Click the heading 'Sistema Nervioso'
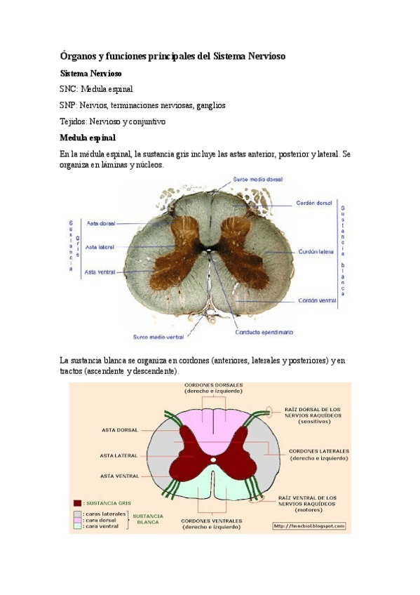click(91, 73)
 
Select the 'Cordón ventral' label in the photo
click(317, 300)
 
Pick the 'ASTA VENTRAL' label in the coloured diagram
click(120, 476)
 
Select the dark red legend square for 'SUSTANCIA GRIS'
click(77, 503)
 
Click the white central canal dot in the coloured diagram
click(212, 460)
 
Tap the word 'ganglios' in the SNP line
click(210, 105)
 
